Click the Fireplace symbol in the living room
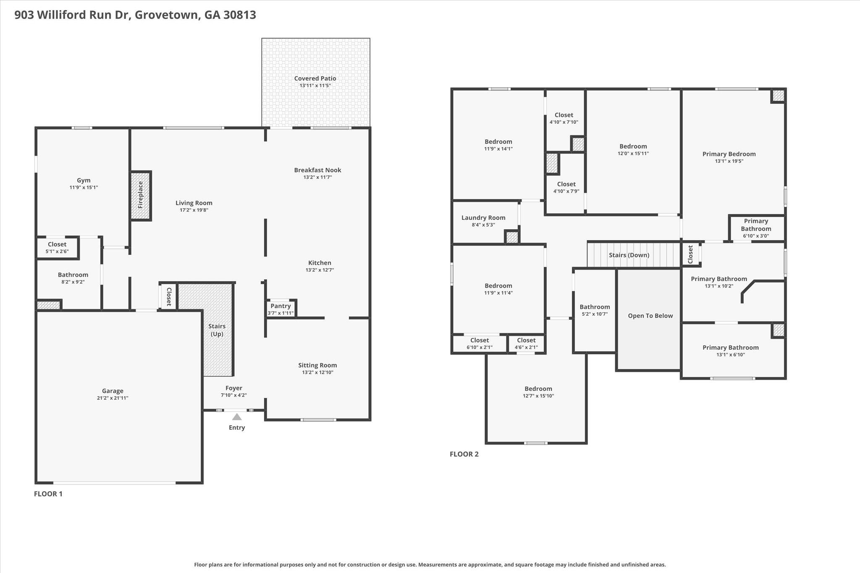tap(141, 195)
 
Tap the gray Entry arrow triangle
tap(237, 417)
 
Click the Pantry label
tap(281, 306)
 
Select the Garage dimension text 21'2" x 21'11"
tap(113, 398)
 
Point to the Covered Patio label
tap(315, 78)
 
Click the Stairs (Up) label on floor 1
tap(217, 330)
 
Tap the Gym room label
tap(84, 181)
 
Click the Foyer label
tap(233, 388)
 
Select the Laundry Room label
tap(483, 218)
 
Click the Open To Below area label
tap(650, 316)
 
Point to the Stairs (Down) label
tap(629, 255)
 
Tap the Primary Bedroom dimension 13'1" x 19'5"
tap(729, 161)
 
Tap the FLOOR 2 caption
tap(464, 454)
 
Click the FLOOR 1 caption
tap(48, 494)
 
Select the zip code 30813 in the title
tap(240, 15)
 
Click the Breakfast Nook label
tap(317, 170)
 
